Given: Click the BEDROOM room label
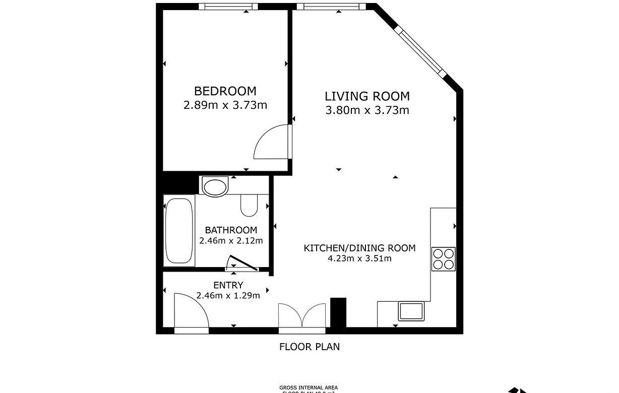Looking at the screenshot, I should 225,91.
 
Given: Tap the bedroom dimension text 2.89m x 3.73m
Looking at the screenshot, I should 225,105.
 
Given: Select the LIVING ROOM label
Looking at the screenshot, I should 367,96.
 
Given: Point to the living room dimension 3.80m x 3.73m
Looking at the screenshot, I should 367,110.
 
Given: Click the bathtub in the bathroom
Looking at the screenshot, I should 179,230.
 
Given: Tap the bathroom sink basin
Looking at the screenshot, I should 215,186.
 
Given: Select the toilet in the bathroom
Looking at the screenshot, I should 249,204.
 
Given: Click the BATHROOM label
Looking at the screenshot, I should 231,230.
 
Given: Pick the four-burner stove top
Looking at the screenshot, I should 444,259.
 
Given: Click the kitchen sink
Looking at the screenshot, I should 411,311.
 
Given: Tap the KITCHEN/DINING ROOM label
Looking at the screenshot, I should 359,248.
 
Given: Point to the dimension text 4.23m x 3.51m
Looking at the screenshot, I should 359,259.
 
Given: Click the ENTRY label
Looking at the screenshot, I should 228,285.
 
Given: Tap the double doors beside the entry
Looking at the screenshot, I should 302,316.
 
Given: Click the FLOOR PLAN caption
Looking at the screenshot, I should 309,347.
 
